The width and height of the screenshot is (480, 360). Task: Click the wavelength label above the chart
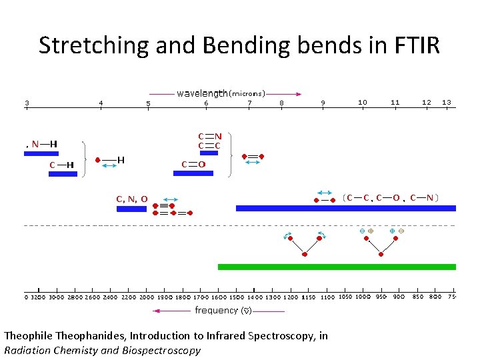(x=202, y=93)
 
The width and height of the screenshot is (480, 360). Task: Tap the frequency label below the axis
(x=216, y=310)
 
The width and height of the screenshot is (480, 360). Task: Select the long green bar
(x=337, y=267)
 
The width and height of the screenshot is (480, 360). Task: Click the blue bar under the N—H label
(x=41, y=153)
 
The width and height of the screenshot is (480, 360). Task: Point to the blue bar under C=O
(x=193, y=173)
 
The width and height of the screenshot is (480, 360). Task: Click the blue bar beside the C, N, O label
(x=131, y=209)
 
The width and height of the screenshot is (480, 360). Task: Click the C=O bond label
(x=193, y=164)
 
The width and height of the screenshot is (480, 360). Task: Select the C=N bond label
(x=209, y=137)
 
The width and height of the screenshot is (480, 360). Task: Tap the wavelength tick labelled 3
(x=27, y=103)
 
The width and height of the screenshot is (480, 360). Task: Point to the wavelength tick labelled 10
(x=362, y=102)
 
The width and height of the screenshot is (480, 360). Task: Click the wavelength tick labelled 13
(x=446, y=102)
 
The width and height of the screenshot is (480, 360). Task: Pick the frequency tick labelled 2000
(x=146, y=297)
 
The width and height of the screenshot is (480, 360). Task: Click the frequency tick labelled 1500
(x=236, y=297)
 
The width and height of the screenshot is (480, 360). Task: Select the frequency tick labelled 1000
(x=363, y=297)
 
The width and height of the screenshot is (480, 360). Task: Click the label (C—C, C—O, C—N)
(x=391, y=197)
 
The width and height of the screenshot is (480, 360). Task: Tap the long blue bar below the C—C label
(x=345, y=208)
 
